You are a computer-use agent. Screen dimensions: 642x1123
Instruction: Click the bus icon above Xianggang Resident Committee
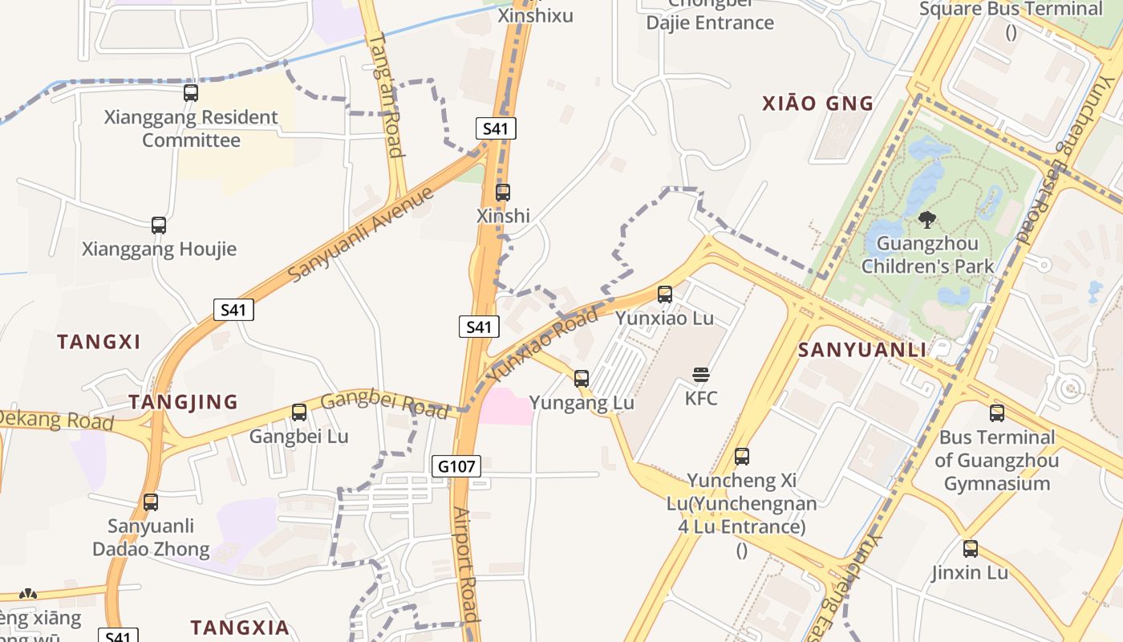tap(190, 92)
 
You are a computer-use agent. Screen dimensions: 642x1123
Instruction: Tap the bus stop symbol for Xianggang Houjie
tap(159, 225)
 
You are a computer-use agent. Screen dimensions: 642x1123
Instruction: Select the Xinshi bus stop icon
tap(503, 193)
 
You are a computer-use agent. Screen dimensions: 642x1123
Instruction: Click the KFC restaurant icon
tap(701, 374)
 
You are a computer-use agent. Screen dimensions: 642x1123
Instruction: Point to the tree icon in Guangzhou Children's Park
tap(927, 219)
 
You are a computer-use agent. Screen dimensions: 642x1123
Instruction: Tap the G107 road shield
tap(456, 465)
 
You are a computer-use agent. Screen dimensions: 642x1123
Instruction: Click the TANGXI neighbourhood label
tap(99, 342)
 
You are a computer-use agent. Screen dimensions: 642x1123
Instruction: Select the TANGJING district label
tap(184, 402)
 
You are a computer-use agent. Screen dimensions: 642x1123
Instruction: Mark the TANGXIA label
tap(239, 628)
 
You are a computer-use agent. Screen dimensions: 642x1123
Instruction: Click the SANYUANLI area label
tap(862, 350)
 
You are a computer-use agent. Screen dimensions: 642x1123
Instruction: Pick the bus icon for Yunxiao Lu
tap(665, 295)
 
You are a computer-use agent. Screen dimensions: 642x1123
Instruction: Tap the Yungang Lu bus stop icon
tap(582, 378)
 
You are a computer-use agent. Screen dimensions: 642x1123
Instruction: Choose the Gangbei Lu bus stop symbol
tap(299, 412)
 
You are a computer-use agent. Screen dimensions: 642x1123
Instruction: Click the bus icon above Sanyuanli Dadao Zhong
tap(151, 502)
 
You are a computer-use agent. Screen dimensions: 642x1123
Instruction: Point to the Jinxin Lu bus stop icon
tap(971, 549)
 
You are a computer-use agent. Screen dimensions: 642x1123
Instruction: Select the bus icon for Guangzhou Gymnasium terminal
tap(997, 413)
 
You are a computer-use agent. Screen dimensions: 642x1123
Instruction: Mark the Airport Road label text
tap(465, 565)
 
